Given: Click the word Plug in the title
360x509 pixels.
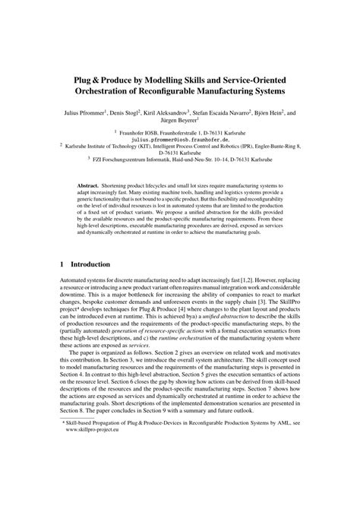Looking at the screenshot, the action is [x=82, y=78].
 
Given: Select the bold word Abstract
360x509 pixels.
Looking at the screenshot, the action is [x=93, y=185].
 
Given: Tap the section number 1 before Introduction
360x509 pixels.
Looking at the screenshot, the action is [x=62, y=264].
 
